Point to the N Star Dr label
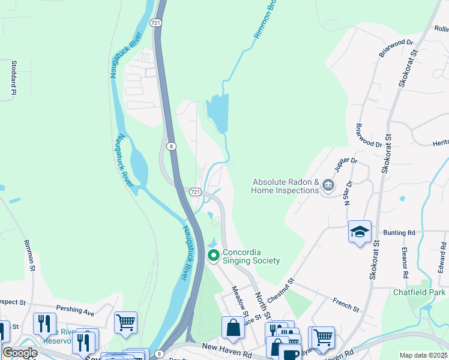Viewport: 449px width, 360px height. click(346, 194)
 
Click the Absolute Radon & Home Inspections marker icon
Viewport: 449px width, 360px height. click(328, 185)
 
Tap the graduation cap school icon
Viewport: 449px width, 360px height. click(360, 232)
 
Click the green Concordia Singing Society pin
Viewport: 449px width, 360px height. click(213, 256)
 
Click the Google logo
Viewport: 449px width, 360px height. click(20, 353)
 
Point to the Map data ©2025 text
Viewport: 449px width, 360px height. click(423, 355)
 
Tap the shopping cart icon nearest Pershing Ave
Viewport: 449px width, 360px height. click(125, 322)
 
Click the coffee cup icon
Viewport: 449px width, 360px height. click(290, 353)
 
